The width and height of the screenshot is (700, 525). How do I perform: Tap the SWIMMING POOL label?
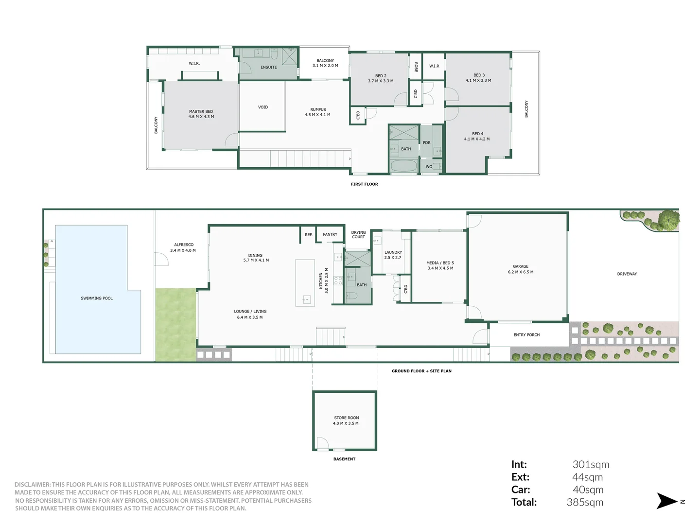pyautogui.click(x=96, y=298)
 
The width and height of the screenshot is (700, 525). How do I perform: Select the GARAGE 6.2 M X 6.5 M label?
pyautogui.click(x=520, y=269)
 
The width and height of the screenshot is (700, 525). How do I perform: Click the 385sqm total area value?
pyautogui.click(x=585, y=503)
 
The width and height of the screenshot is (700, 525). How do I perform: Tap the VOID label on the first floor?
pyautogui.click(x=263, y=107)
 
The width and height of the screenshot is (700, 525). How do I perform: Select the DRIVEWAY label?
pyautogui.click(x=627, y=274)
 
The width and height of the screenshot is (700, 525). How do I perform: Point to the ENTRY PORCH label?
pyautogui.click(x=526, y=335)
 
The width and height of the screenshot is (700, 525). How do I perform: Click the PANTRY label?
pyautogui.click(x=330, y=235)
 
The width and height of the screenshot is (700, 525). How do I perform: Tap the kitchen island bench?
pyautogui.click(x=305, y=282)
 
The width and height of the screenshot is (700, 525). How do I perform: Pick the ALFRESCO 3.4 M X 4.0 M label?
pyautogui.click(x=183, y=247)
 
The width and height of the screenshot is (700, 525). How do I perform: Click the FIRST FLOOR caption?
pyautogui.click(x=364, y=184)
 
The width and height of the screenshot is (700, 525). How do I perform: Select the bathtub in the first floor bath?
pyautogui.click(x=404, y=166)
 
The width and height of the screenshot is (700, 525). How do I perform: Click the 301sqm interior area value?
pyautogui.click(x=591, y=465)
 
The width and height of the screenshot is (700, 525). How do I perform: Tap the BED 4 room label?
pyautogui.click(x=477, y=137)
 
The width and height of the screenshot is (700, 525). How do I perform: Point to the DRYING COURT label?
pyautogui.click(x=358, y=235)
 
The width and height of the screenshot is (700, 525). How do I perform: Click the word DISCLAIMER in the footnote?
pyautogui.click(x=32, y=485)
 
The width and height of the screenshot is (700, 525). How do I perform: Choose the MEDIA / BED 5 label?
pyautogui.click(x=440, y=265)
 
